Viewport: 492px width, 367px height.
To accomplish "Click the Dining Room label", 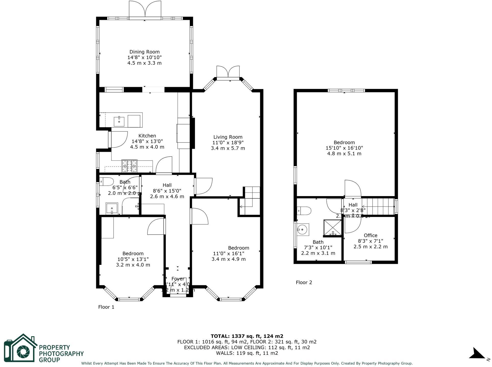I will pos(144,52).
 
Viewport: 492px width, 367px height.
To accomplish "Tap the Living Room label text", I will pos(228,137).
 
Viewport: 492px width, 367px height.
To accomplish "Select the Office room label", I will pos(370,235).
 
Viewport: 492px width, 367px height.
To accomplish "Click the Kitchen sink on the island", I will pos(119,121).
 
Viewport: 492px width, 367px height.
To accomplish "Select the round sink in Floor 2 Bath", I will pos(303,229).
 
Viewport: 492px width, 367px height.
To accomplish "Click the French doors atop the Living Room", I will pos(228,72).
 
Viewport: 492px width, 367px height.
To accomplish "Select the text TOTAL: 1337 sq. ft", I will pos(247,336).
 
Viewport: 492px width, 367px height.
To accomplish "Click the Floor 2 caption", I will pos(304,282).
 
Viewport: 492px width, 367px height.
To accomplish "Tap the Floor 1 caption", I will pos(106,307).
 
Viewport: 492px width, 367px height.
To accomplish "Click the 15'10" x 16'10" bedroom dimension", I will pos(344,148).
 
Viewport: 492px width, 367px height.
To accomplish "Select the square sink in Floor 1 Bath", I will pos(112,208).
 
